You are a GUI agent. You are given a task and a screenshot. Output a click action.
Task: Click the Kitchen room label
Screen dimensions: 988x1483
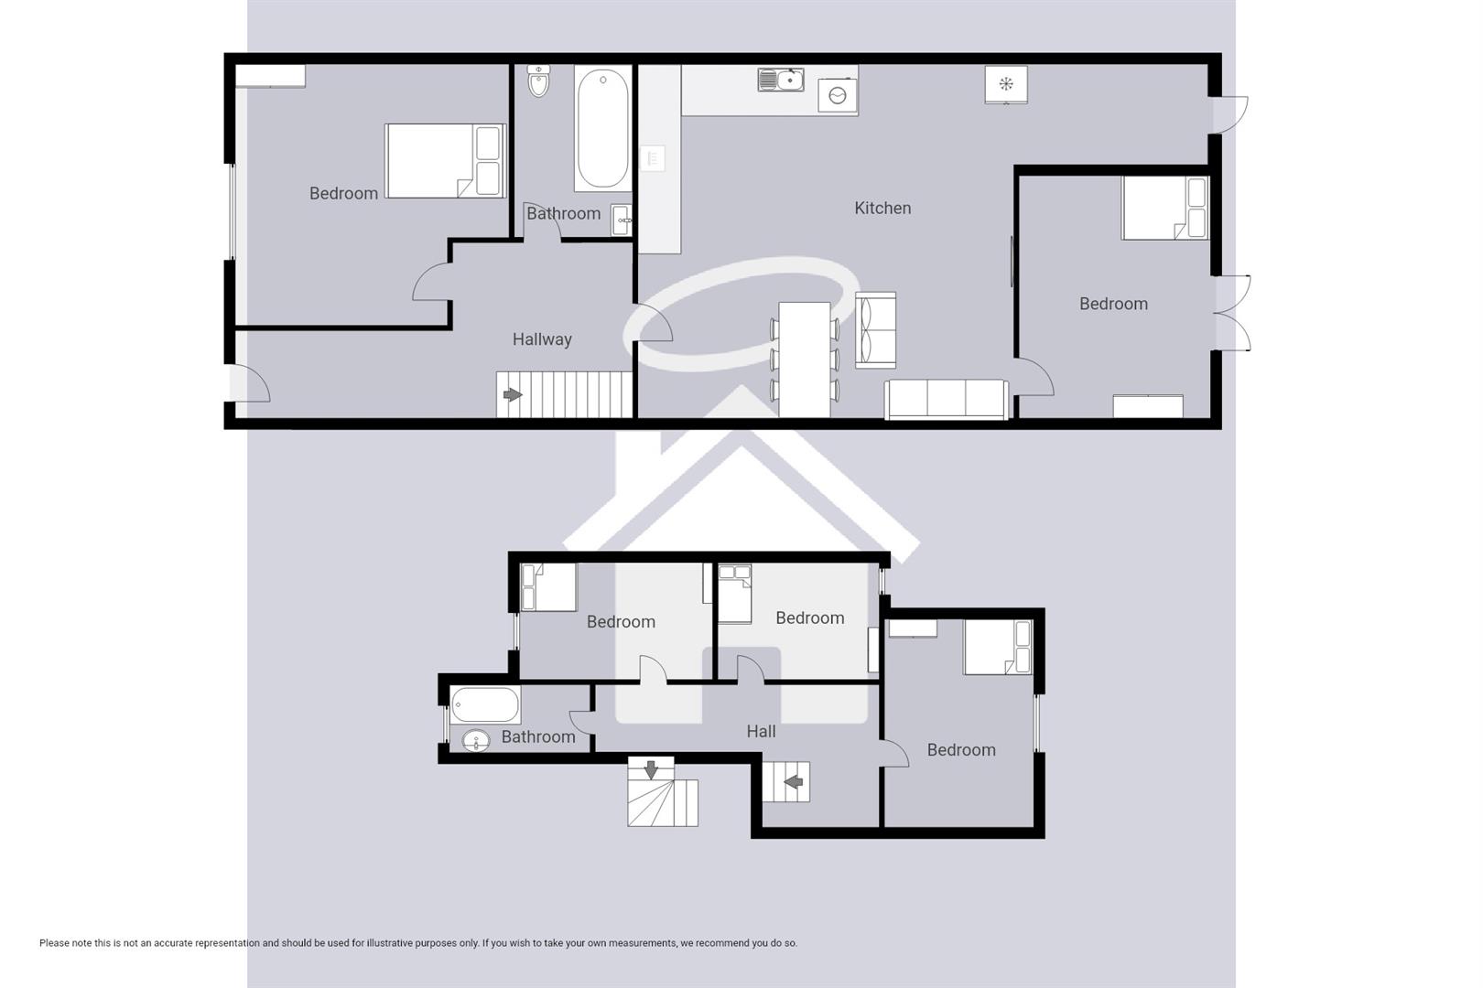coord(882,209)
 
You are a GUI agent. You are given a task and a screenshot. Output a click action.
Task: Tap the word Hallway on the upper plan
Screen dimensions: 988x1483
coord(542,339)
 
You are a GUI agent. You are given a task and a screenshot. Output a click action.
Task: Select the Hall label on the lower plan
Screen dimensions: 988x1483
coord(761,732)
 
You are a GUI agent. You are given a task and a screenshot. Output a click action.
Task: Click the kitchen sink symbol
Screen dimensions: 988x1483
coord(780,81)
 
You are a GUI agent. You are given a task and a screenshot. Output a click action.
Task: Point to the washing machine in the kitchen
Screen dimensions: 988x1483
coord(838,96)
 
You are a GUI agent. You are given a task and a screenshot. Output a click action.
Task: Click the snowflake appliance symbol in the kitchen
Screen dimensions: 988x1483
coord(1005,85)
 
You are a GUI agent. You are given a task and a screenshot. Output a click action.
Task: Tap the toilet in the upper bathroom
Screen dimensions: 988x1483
coord(539,81)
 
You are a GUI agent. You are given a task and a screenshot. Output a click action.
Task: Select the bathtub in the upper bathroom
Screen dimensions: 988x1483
coord(602,128)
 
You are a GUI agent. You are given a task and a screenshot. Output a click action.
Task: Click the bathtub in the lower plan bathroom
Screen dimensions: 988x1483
coord(485,705)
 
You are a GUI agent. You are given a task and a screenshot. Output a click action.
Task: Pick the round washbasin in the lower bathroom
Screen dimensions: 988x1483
coord(475,740)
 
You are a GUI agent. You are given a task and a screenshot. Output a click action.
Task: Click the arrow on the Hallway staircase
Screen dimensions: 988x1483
coord(512,395)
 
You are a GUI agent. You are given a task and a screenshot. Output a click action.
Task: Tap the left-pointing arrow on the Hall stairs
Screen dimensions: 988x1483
coord(793,782)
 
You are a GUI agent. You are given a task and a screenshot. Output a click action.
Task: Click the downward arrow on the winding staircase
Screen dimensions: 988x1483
coord(651,769)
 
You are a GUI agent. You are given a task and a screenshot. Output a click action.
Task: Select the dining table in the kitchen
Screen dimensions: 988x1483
coord(804,359)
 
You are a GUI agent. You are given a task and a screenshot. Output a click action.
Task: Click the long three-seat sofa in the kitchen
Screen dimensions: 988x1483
coord(946,399)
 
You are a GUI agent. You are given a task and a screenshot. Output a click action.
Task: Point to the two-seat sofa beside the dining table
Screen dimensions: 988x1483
coord(875,330)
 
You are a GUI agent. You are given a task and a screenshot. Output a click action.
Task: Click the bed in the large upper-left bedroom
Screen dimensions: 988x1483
coord(445,161)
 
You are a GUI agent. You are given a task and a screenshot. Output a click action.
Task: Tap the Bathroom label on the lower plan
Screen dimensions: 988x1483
coord(538,737)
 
